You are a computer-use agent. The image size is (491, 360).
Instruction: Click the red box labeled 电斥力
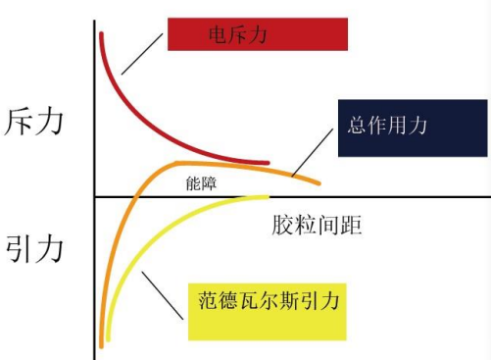[258, 34]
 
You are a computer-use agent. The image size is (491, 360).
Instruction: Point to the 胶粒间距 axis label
[317, 224]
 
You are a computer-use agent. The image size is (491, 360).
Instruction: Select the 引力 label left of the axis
[35, 247]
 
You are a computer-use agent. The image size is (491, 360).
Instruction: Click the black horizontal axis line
[392, 197]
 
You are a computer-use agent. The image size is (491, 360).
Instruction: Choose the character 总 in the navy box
[358, 127]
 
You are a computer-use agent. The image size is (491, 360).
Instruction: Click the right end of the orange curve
[317, 183]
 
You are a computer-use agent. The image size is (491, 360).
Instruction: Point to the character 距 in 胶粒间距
[352, 224]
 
